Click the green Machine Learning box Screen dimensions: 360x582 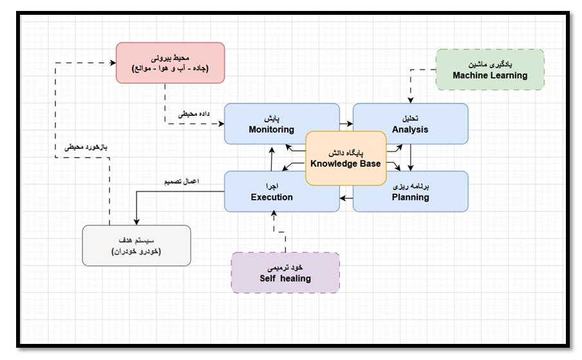click(489, 70)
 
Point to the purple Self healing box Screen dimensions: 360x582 click(285, 273)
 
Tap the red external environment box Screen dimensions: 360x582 click(170, 62)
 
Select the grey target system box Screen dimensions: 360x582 click(136, 245)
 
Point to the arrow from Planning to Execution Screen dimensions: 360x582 click(346, 197)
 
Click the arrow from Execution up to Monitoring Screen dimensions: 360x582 click(272, 157)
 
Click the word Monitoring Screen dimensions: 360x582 click(272, 129)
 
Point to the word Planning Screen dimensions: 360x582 click(410, 197)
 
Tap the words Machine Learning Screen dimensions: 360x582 click(489, 75)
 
